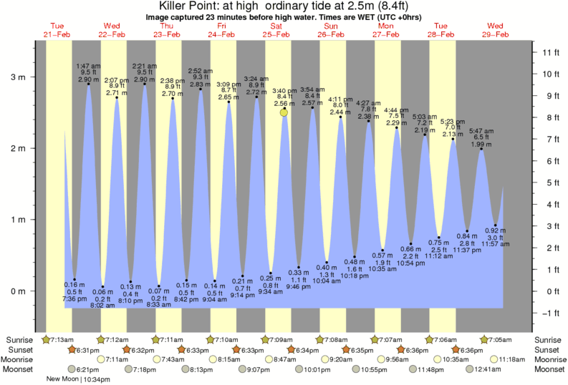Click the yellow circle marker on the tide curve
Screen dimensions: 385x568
click(x=284, y=112)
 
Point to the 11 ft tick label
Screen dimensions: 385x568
click(x=550, y=52)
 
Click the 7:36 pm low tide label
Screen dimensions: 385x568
click(x=74, y=298)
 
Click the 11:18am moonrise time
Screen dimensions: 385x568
click(x=511, y=359)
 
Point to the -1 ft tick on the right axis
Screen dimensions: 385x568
click(x=550, y=313)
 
